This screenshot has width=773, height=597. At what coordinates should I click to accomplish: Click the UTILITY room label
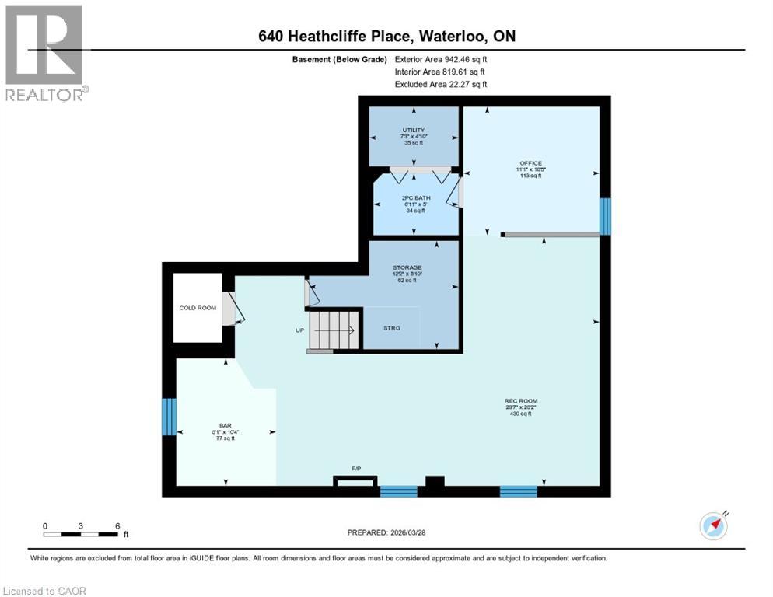tap(413, 130)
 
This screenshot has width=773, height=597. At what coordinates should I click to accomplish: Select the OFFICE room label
tap(530, 162)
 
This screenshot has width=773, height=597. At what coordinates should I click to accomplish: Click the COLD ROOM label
tap(198, 308)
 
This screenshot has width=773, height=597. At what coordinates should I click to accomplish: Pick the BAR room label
tap(226, 426)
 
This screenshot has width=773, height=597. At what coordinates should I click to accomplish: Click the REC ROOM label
tap(520, 401)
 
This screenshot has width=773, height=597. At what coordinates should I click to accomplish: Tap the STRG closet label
tap(392, 328)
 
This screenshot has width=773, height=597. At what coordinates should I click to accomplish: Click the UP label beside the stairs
tap(299, 330)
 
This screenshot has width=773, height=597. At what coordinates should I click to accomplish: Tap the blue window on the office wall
tap(605, 216)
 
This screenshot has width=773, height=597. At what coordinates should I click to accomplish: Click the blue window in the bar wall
tap(169, 417)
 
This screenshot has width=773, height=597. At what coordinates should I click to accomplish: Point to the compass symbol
tap(713, 525)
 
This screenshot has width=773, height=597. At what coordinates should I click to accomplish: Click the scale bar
tap(81, 534)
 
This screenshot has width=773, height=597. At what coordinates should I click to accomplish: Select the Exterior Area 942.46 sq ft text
tap(441, 58)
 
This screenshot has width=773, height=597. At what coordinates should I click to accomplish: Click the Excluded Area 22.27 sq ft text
tap(441, 84)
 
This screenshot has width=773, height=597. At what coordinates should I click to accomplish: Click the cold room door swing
tap(233, 309)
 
